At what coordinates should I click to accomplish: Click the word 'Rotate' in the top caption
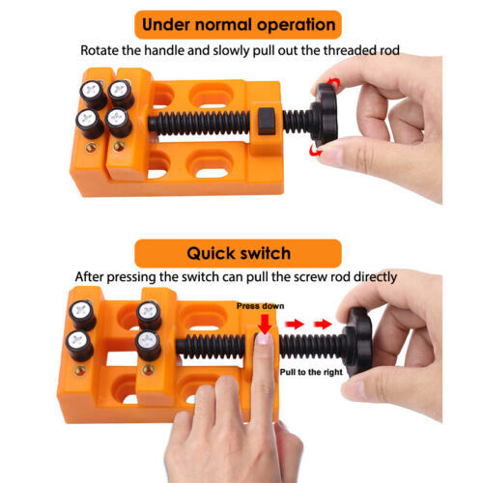[101, 48]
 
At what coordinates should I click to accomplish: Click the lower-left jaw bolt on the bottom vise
[76, 342]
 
